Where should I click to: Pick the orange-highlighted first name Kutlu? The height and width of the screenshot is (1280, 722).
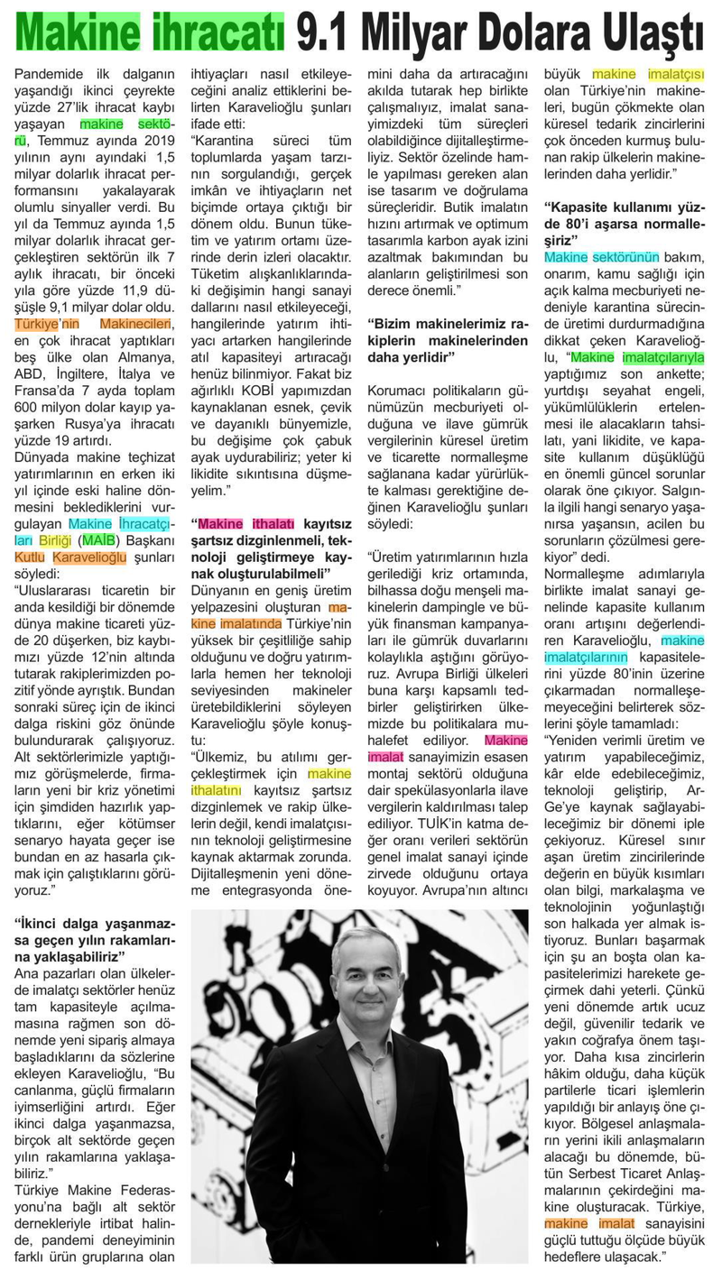tap(32, 557)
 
